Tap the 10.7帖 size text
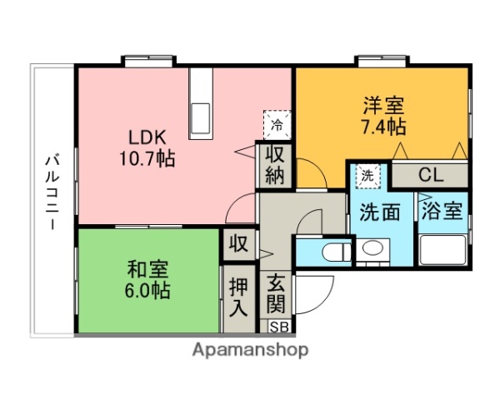point(150,157)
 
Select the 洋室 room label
point(383,106)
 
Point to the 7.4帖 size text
point(383,127)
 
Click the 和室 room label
point(148,270)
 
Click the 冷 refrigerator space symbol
point(276,124)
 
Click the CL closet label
point(431,175)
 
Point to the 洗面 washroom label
point(380,212)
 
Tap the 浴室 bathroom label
point(441,211)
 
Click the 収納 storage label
point(275,164)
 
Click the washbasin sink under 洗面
point(372,248)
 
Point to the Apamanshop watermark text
point(250,350)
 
